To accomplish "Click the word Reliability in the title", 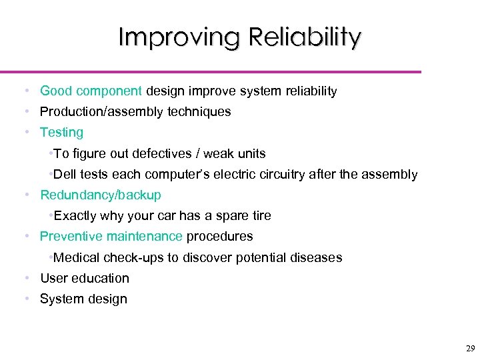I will tap(305, 37).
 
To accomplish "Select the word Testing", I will tap(61, 133).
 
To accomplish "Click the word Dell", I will tap(66, 175).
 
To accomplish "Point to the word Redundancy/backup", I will tap(101, 195).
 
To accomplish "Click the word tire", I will tap(259, 216).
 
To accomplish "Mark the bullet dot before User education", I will tap(25, 278).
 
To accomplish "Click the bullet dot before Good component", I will tap(25, 91).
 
